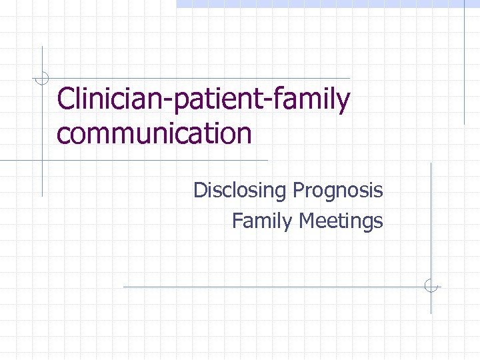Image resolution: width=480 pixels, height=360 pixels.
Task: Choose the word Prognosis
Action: coord(337,191)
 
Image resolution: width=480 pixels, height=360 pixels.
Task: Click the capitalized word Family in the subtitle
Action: coord(262,221)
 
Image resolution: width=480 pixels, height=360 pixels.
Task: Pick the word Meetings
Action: coord(341,221)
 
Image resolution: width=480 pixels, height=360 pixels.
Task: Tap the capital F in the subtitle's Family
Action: coord(236,220)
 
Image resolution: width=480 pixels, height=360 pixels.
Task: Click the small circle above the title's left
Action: coord(42,78)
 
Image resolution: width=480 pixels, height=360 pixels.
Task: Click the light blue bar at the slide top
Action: coord(327,3)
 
